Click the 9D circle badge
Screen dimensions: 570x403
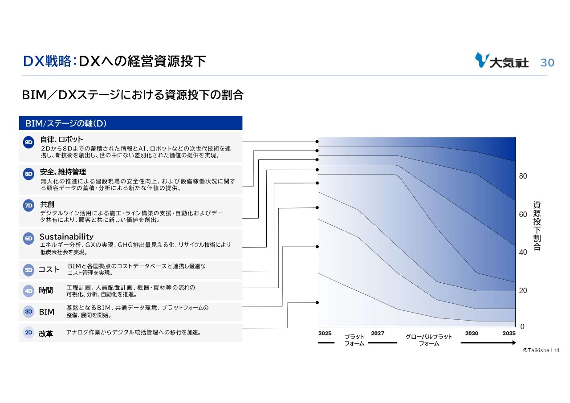28,142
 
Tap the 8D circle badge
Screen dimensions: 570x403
28,174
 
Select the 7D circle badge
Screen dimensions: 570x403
28,206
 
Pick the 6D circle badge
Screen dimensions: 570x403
28,239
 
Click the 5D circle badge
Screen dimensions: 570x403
28,270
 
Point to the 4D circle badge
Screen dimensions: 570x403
28,291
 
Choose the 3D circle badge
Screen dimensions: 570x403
28,312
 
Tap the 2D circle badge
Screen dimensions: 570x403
28,333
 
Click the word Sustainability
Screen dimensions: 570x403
66,237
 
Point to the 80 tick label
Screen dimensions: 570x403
523,176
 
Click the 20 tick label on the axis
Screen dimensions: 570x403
523,290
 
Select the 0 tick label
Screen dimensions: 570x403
522,327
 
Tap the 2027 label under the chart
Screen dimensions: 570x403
378,334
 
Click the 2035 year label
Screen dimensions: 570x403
509,334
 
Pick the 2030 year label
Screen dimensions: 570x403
472,334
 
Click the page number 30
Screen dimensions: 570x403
547,63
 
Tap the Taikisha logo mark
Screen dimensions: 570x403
482,60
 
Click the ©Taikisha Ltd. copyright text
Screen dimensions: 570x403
542,350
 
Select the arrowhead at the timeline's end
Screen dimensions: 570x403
514,343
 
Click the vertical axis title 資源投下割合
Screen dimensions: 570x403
537,226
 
